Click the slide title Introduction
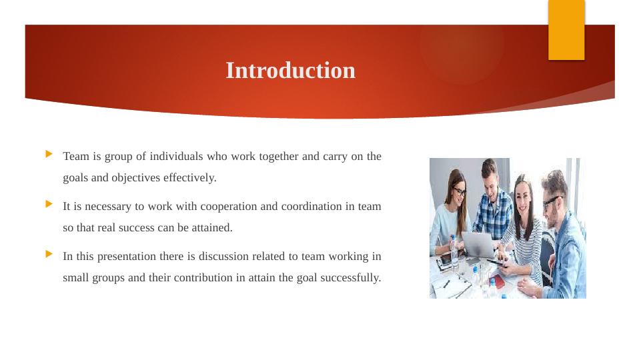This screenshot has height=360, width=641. (290, 71)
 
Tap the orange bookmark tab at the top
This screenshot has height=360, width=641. (566, 30)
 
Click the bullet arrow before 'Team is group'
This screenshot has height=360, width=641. (49, 154)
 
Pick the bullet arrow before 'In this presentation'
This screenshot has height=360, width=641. (49, 254)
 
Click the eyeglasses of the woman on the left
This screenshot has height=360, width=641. (459, 192)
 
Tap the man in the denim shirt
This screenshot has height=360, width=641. (564, 233)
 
